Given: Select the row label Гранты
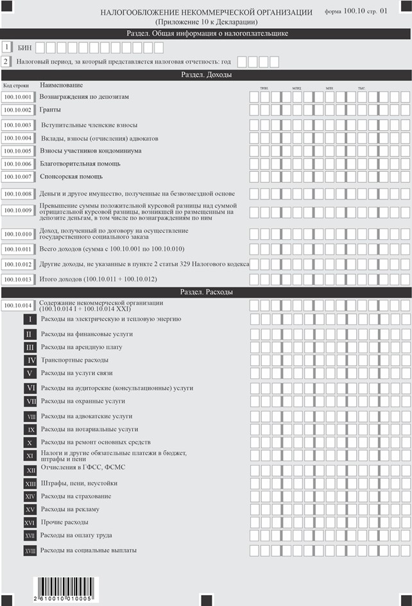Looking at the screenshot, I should [x=50, y=110].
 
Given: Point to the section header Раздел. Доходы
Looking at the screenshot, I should [x=206, y=74].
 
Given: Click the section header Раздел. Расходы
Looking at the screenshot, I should [x=206, y=292].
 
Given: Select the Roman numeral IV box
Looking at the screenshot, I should [x=30, y=360].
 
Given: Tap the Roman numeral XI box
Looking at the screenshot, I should [x=30, y=456].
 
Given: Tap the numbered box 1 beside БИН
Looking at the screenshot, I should [x=6, y=47].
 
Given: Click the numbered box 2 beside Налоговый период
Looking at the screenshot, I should [x=6, y=62].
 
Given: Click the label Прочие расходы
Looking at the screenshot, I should [x=64, y=523].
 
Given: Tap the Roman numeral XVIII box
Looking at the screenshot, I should [x=30, y=551].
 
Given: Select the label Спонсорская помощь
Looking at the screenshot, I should [x=71, y=176].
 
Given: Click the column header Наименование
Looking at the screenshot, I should [x=61, y=85].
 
